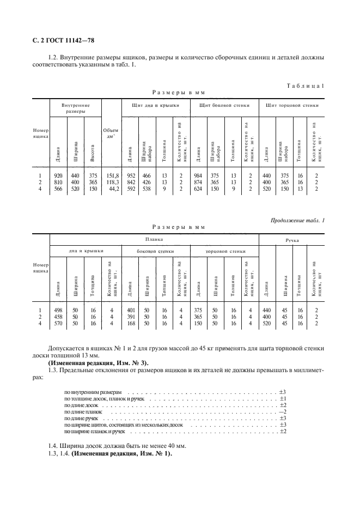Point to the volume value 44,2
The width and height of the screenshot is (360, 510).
click(112, 189)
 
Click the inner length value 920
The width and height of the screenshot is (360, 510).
click(57, 175)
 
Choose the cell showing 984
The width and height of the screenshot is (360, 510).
click(199, 175)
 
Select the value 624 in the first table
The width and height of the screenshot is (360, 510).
click(199, 189)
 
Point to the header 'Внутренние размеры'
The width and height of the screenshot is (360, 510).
click(76, 107)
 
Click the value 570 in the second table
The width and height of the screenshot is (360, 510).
click(57, 323)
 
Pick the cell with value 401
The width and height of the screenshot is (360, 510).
click(130, 309)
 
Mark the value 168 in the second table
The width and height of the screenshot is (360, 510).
click(130, 323)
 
